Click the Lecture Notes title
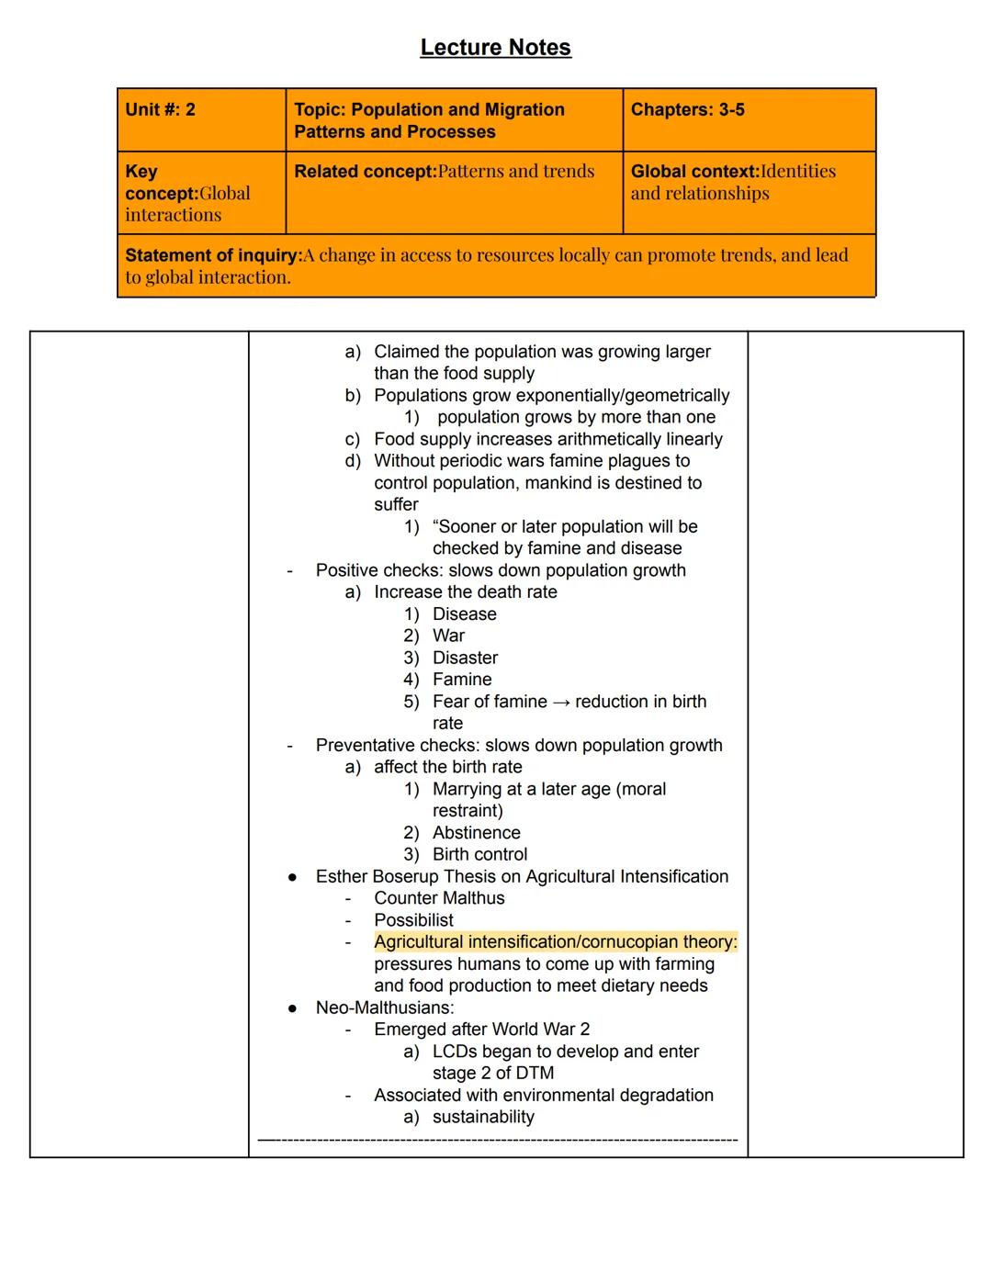[x=495, y=48]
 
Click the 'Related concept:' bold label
[x=366, y=172]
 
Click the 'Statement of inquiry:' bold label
[x=213, y=255]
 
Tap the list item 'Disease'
[x=464, y=614]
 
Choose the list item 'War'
[x=448, y=636]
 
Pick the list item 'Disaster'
[x=465, y=658]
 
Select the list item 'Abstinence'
[x=476, y=833]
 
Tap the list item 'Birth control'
[x=479, y=855]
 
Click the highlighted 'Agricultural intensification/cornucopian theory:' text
[x=555, y=942]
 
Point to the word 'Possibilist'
[x=413, y=920]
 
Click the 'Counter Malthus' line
[x=439, y=898]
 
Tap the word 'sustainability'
[x=483, y=1118]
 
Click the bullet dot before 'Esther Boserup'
[x=292, y=877]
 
